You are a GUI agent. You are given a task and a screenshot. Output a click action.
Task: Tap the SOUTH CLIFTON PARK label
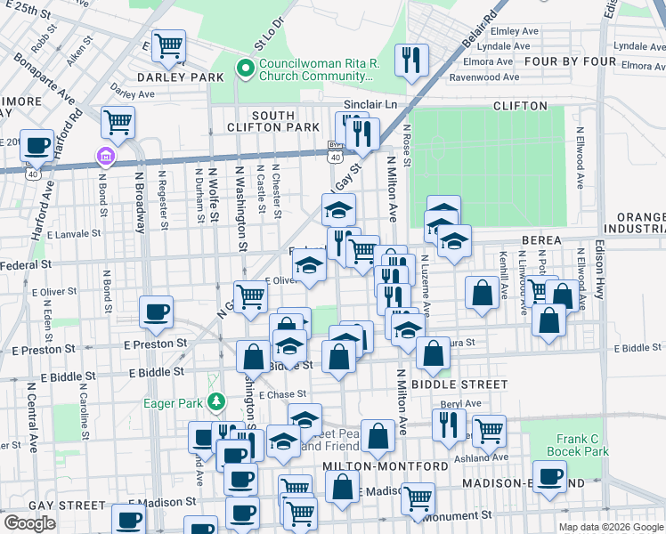pos(272,122)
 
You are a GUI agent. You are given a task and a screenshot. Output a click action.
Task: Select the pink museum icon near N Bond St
pos(106,158)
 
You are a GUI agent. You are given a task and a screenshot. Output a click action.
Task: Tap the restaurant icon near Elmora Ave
pos(410,61)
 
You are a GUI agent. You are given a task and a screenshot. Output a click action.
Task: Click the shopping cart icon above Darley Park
pos(168,45)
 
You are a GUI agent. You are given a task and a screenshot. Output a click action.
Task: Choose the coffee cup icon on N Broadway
pos(157,311)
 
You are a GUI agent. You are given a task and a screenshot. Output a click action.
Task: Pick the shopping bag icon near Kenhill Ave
pos(482,293)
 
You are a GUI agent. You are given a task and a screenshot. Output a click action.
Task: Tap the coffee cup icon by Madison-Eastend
pos(549,475)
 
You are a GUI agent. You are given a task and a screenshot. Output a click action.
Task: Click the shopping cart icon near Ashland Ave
pos(488,430)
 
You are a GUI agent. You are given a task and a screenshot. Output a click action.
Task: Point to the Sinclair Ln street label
pos(368,105)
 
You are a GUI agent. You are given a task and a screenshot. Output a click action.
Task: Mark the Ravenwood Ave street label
pos(481,77)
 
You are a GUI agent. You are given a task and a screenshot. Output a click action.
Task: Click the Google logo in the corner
pos(29,522)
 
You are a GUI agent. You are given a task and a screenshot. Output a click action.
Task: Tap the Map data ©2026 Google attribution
pos(610,527)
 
